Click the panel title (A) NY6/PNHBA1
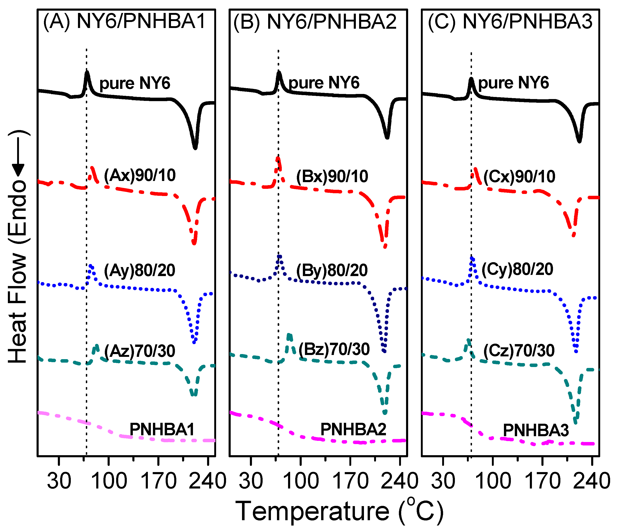124,22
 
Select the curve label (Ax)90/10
140,175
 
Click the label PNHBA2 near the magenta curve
353,429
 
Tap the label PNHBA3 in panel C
536,430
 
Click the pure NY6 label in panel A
135,83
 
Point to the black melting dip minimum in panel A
195,147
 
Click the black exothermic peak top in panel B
279,72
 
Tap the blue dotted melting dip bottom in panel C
576,351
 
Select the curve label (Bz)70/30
334,349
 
